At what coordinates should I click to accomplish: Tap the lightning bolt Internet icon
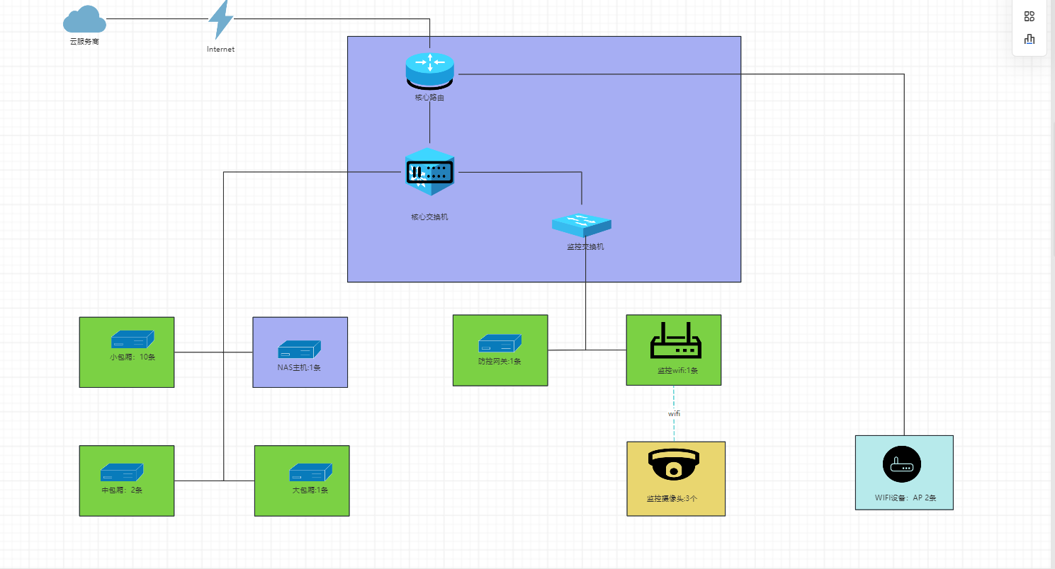(x=220, y=20)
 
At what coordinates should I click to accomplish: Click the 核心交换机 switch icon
(x=429, y=173)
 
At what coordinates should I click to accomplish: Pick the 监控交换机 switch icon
(x=582, y=224)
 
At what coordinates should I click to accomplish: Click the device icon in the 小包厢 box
(x=132, y=339)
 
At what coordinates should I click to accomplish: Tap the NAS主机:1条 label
(x=299, y=367)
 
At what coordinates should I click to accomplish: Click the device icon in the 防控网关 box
(x=500, y=343)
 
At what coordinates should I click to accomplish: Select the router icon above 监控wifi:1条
(x=675, y=340)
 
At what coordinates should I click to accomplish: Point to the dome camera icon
(x=673, y=464)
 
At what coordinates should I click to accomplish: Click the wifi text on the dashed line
(x=674, y=413)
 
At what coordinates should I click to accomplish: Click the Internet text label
(x=220, y=50)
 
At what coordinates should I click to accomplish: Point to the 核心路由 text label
(x=429, y=98)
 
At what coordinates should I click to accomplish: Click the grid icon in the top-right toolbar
(x=1029, y=16)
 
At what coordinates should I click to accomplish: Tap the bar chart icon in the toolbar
(x=1029, y=39)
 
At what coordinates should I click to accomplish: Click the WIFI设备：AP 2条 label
(x=905, y=498)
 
